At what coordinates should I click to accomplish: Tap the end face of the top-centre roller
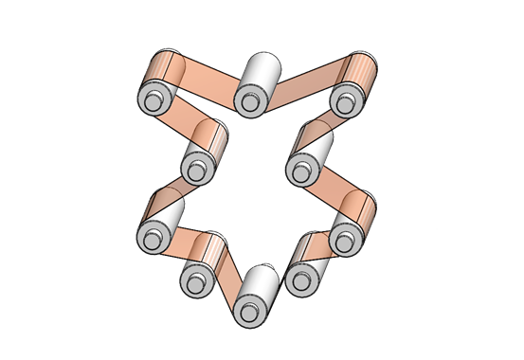(x=251, y=100)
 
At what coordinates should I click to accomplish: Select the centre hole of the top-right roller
(x=344, y=99)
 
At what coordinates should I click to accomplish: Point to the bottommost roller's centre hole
(x=249, y=310)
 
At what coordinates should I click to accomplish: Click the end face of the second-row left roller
(x=196, y=171)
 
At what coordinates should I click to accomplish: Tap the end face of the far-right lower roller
(x=344, y=237)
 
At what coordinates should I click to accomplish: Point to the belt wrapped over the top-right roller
(x=361, y=72)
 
